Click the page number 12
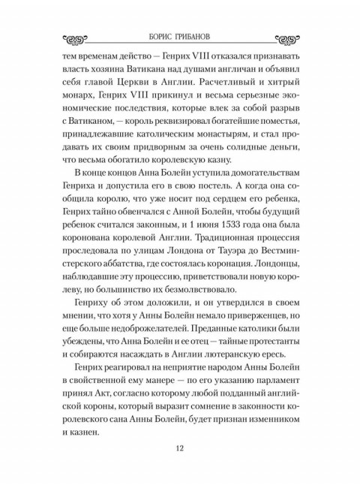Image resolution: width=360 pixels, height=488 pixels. [x=179, y=449]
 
